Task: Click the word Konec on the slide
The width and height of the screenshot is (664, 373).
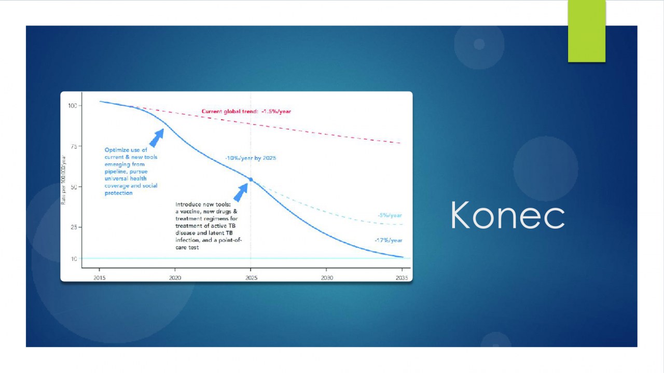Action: (x=507, y=215)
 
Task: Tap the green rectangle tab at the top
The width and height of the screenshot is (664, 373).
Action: (x=587, y=31)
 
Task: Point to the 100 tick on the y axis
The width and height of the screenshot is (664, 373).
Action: (x=73, y=105)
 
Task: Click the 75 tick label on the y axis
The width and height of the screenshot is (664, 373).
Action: (x=74, y=146)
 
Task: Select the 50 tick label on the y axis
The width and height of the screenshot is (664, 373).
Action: (x=74, y=187)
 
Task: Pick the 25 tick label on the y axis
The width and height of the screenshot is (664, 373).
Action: (x=74, y=227)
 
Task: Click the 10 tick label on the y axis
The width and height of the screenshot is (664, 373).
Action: (x=74, y=259)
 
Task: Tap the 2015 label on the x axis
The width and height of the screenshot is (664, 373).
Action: (x=99, y=278)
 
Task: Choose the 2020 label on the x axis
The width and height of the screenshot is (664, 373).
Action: (x=175, y=278)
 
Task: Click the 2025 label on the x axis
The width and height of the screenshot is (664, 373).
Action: (x=252, y=278)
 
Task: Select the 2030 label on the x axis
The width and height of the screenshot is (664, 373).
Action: (x=327, y=278)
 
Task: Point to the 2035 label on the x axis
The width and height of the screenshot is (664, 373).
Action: (x=402, y=278)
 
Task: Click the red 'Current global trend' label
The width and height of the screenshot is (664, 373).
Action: (x=246, y=112)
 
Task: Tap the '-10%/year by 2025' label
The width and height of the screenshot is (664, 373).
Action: (x=251, y=158)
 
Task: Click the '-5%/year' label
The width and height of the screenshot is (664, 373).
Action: (x=390, y=215)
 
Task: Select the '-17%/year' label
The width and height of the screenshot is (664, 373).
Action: (x=389, y=240)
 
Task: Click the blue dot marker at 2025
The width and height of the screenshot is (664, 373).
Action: (x=251, y=179)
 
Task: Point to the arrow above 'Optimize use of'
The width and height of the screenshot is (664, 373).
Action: (x=157, y=138)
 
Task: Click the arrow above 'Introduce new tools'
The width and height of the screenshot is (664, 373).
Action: (x=241, y=192)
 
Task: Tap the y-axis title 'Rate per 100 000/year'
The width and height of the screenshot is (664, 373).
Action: (x=63, y=179)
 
